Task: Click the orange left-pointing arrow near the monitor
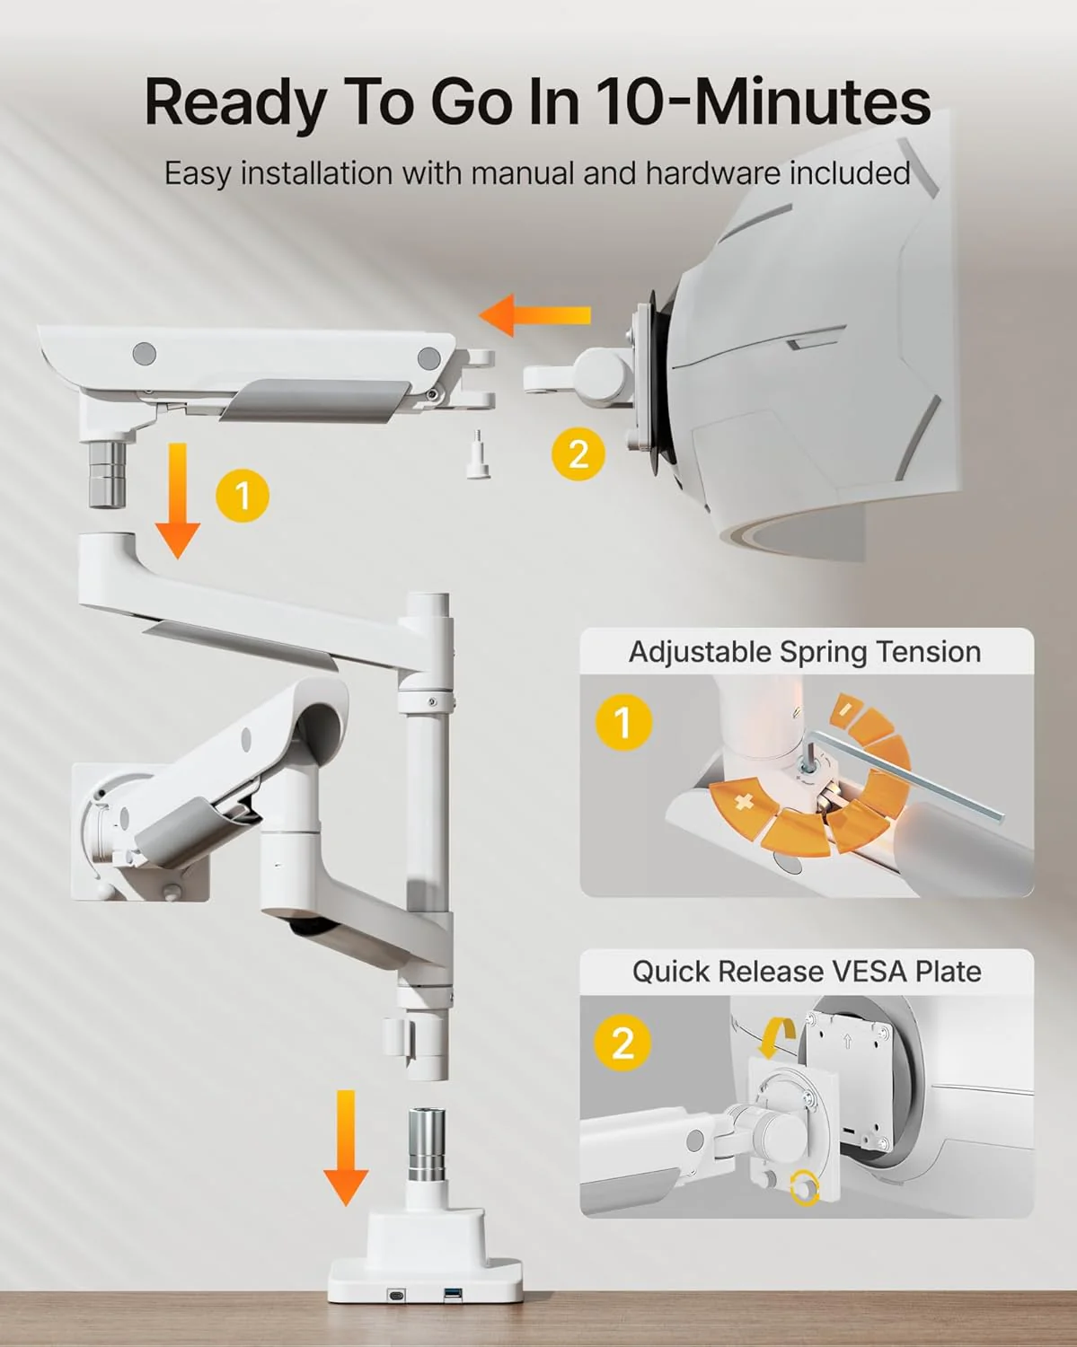tap(534, 315)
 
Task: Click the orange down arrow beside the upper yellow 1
tap(178, 500)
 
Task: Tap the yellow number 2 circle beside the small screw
tap(578, 453)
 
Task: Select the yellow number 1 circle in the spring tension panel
tap(623, 722)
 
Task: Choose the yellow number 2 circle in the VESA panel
tap(623, 1043)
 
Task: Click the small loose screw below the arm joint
tap(479, 453)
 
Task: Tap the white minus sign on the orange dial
tap(845, 708)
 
